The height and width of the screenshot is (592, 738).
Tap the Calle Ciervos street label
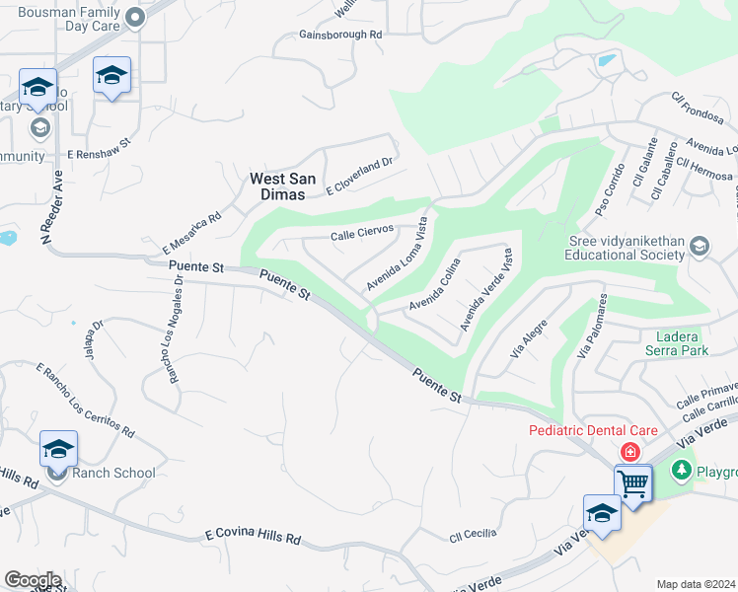[x=362, y=233]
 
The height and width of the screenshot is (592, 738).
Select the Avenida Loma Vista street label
[x=398, y=255]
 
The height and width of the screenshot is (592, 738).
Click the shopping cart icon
[x=632, y=484]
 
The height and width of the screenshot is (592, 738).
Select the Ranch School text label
[x=113, y=473]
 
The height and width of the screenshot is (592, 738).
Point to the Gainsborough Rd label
[x=340, y=35]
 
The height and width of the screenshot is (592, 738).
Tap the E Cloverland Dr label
[x=360, y=176]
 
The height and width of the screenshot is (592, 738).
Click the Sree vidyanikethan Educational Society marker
[x=700, y=245]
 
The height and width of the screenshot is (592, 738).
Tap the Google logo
[x=32, y=580]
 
